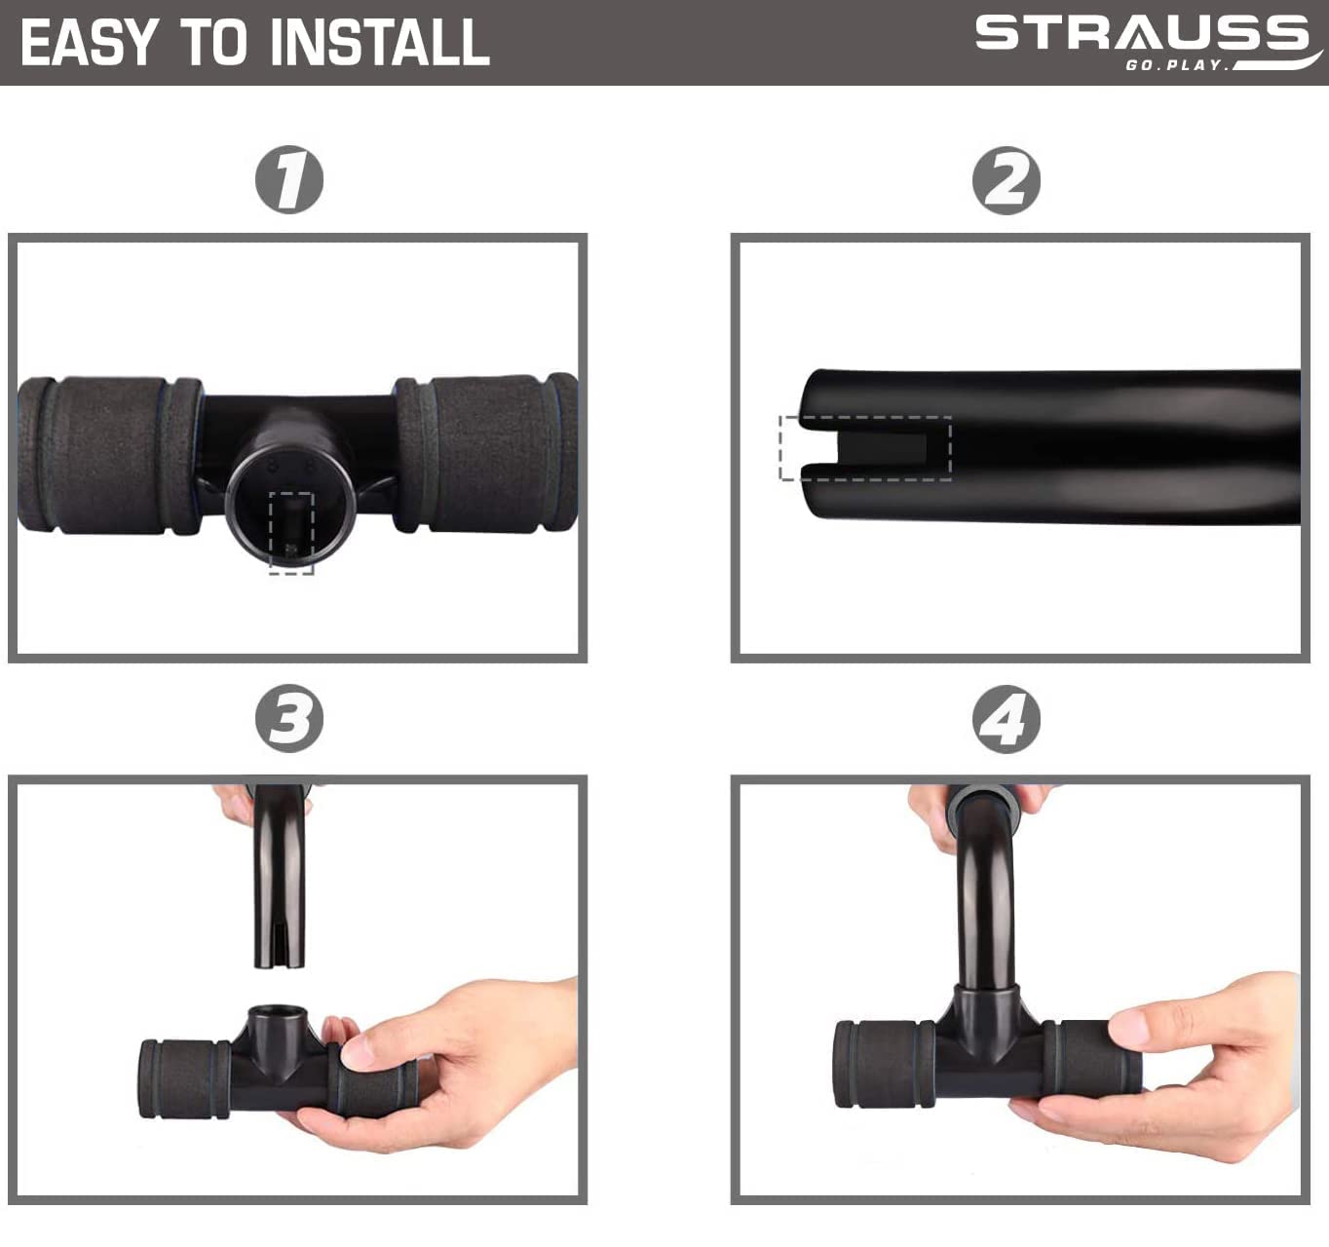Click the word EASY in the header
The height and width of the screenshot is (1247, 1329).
pyautogui.click(x=90, y=42)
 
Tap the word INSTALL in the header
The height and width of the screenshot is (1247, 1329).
pyautogui.click(x=380, y=42)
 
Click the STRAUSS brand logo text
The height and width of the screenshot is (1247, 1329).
pyautogui.click(x=1142, y=33)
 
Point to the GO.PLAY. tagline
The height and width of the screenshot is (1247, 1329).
pyautogui.click(x=1177, y=65)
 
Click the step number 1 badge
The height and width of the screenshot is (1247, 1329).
pyautogui.click(x=289, y=180)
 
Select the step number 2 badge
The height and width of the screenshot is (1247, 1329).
pyautogui.click(x=1006, y=181)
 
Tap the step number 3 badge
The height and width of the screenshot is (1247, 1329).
pyautogui.click(x=289, y=718)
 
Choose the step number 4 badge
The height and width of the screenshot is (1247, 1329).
pyautogui.click(x=1006, y=719)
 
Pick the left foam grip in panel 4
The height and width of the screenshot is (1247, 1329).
pyautogui.click(x=884, y=1064)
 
